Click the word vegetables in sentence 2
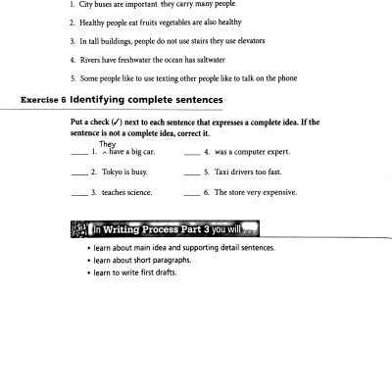click(181, 22)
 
